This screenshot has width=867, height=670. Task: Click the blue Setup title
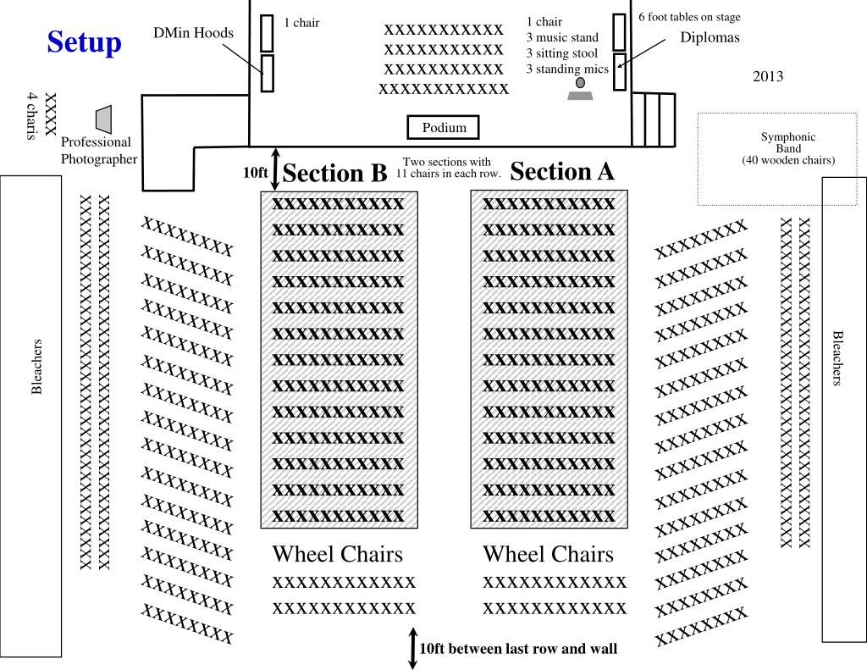click(x=84, y=42)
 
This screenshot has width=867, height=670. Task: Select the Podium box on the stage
click(x=445, y=128)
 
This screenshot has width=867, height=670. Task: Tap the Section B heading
click(x=334, y=173)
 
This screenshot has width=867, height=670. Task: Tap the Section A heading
click(x=562, y=172)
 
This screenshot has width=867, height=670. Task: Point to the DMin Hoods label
click(x=193, y=33)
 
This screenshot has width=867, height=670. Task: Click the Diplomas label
click(x=710, y=37)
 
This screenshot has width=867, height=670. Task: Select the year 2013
click(x=768, y=76)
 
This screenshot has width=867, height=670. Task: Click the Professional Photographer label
click(x=97, y=150)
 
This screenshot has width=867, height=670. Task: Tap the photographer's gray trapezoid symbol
click(x=103, y=119)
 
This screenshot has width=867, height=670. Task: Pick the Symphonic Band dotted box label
click(x=787, y=148)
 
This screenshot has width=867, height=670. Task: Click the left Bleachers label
click(x=36, y=367)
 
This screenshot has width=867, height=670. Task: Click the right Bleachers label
click(x=837, y=358)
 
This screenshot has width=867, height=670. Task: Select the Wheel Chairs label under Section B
click(x=337, y=554)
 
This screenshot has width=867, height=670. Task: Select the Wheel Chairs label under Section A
click(x=548, y=554)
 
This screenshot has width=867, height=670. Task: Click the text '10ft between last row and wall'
click(x=518, y=649)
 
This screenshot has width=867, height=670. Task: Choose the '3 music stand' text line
click(x=561, y=37)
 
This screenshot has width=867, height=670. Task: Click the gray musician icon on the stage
click(x=580, y=90)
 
